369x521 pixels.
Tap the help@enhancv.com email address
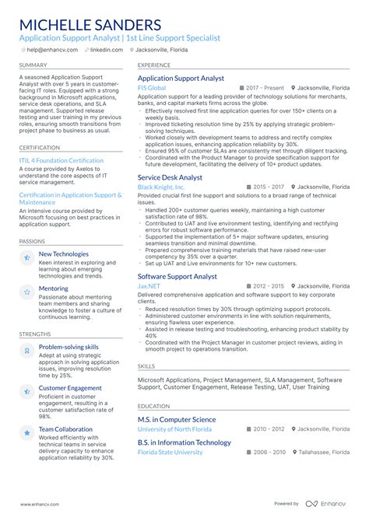tap(53, 50)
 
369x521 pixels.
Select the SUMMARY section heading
tap(33, 65)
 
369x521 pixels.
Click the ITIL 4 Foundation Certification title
tap(61, 161)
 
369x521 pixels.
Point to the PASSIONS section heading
tap(32, 241)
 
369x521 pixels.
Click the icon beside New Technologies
tap(26, 257)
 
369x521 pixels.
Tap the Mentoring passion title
tap(54, 288)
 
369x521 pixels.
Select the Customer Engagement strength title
tap(70, 387)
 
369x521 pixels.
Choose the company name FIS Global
tap(152, 89)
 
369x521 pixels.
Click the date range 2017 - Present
tap(265, 89)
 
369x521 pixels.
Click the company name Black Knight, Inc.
tap(161, 187)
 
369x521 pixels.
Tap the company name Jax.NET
tap(150, 286)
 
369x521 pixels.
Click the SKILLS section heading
tap(146, 365)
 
